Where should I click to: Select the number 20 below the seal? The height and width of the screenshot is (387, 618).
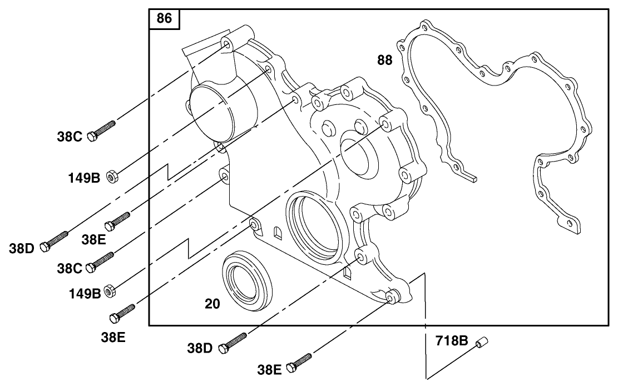tap(212, 304)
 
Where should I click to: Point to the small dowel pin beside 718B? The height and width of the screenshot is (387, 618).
tap(481, 344)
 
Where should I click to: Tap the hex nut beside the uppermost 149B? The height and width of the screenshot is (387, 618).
tap(110, 177)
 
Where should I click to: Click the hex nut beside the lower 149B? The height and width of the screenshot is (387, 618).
tap(110, 290)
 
